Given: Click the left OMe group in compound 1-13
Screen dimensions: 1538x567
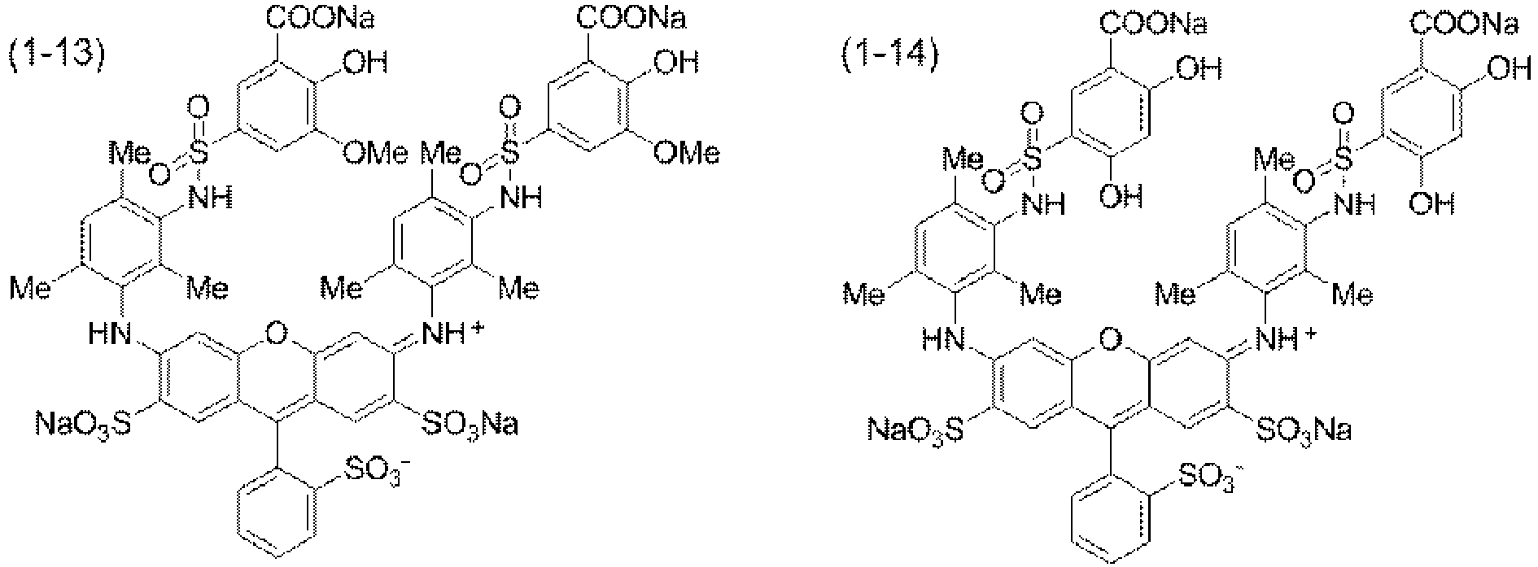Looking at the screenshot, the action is tap(374, 154).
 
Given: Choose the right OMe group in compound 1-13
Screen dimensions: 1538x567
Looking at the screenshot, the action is tap(687, 154).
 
